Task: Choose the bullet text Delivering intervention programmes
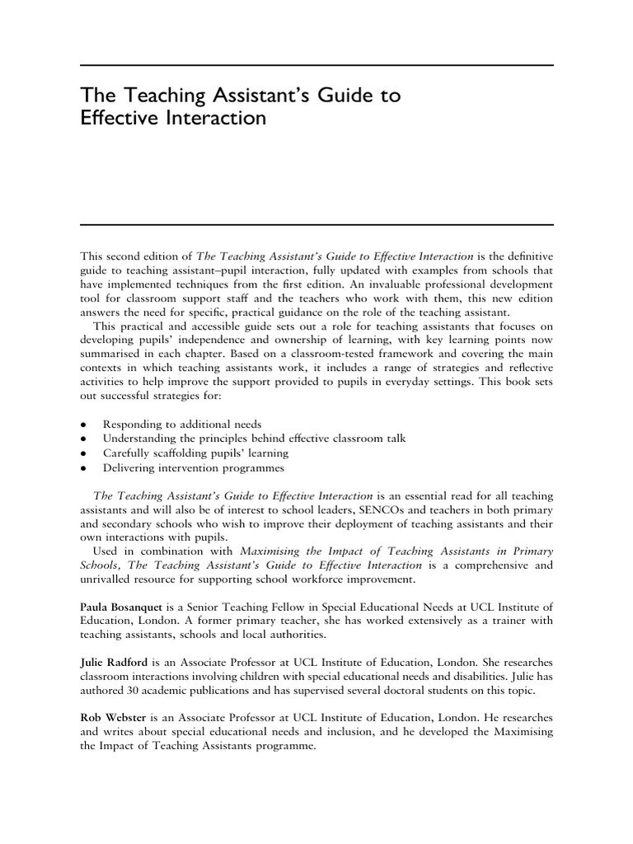(x=193, y=468)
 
